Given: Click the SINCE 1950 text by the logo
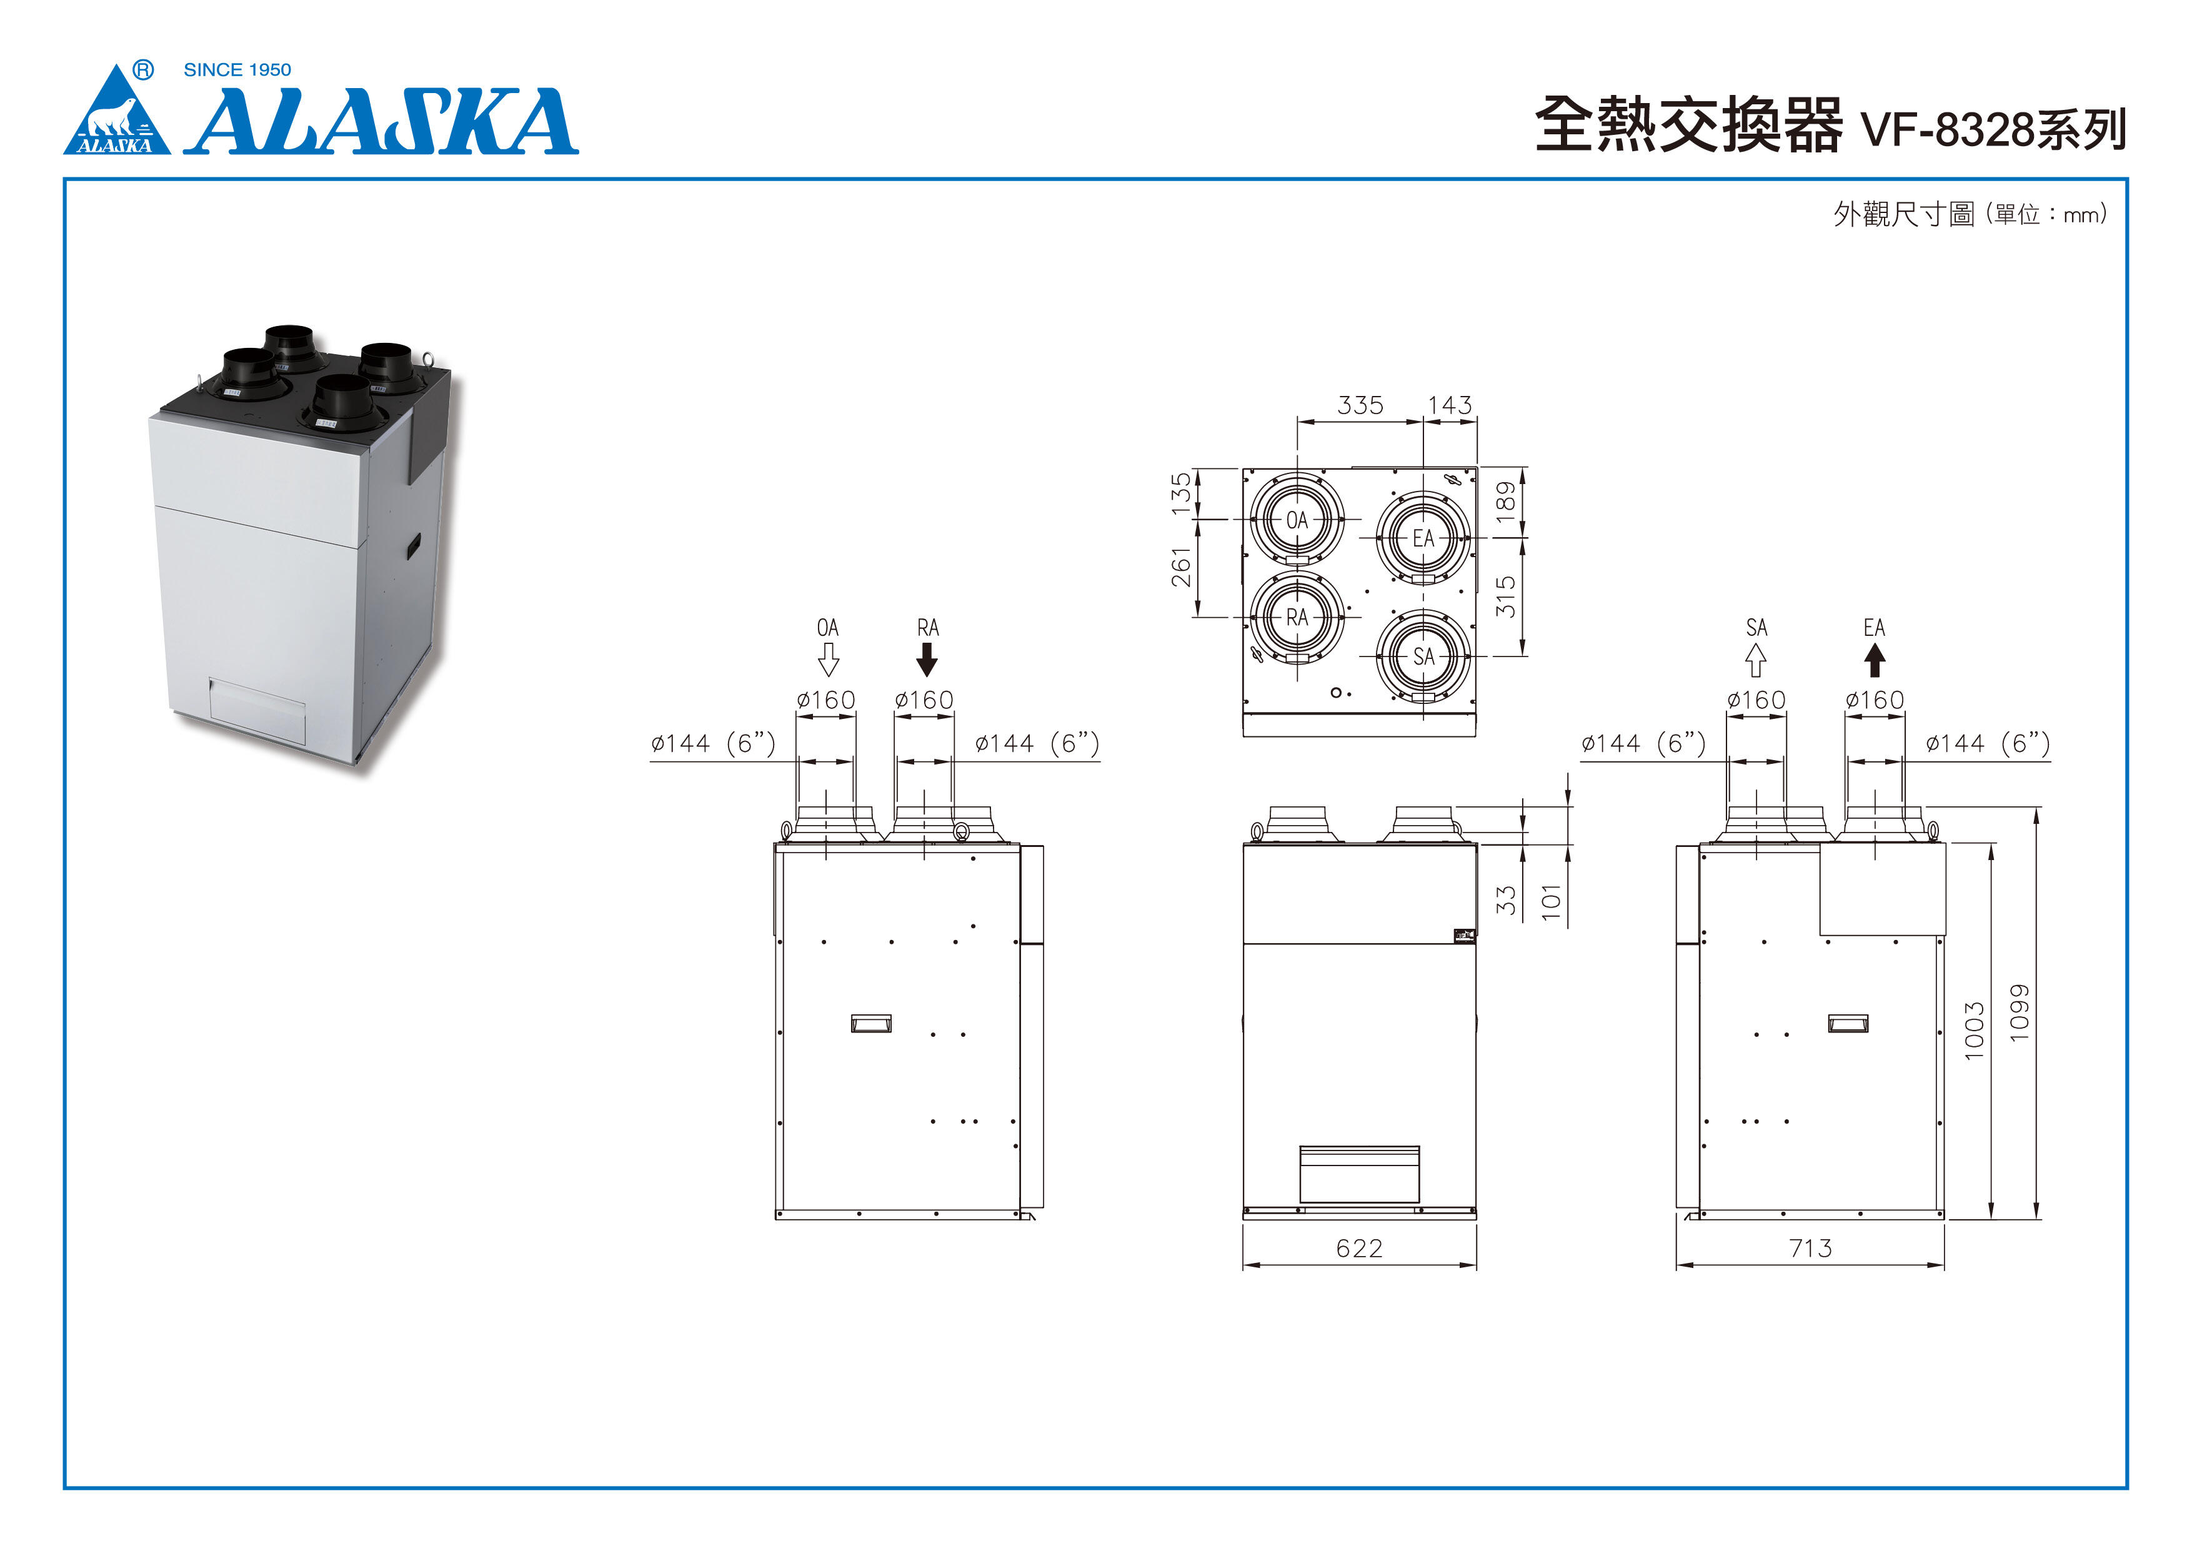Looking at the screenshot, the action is click(237, 70).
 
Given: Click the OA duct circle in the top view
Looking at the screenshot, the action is click(1297, 520).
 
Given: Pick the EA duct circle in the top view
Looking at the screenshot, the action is click(1423, 538).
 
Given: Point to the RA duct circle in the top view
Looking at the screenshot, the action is click(1297, 618).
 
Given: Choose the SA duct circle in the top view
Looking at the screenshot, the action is click(1423, 656).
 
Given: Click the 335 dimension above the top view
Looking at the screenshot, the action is click(1360, 405).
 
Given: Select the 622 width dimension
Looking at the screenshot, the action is click(1360, 1249).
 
